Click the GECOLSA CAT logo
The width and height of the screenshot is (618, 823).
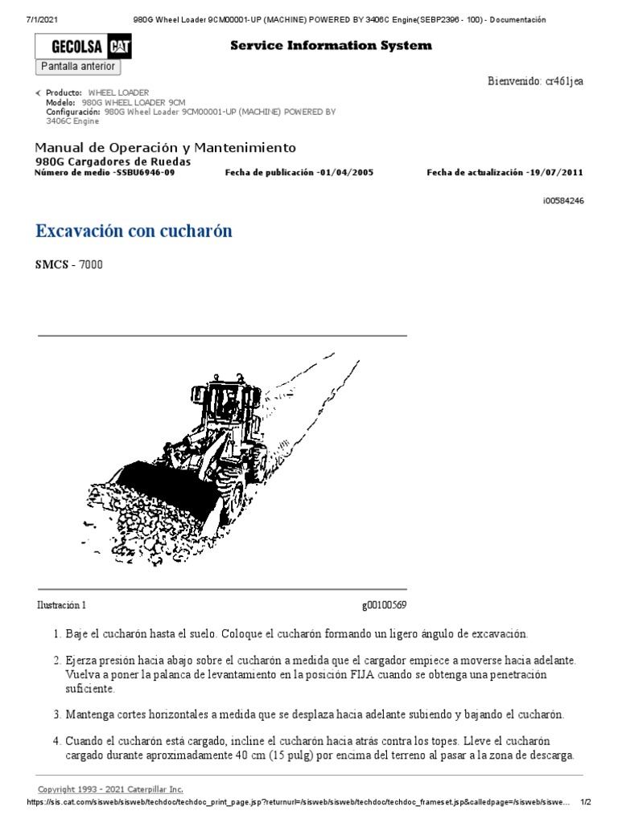click(x=84, y=48)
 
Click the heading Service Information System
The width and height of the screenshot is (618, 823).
click(x=331, y=46)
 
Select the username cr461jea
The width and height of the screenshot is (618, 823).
click(x=563, y=81)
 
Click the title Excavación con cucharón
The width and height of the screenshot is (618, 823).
click(x=134, y=231)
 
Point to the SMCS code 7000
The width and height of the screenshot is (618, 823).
click(x=90, y=264)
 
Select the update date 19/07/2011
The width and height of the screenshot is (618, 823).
click(x=555, y=173)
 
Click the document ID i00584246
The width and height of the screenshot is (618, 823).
click(x=563, y=201)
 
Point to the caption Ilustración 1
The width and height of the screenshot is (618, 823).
click(x=61, y=605)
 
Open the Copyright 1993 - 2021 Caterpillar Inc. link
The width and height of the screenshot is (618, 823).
click(x=110, y=789)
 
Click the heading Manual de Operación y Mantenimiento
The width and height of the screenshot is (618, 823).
click(x=165, y=148)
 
